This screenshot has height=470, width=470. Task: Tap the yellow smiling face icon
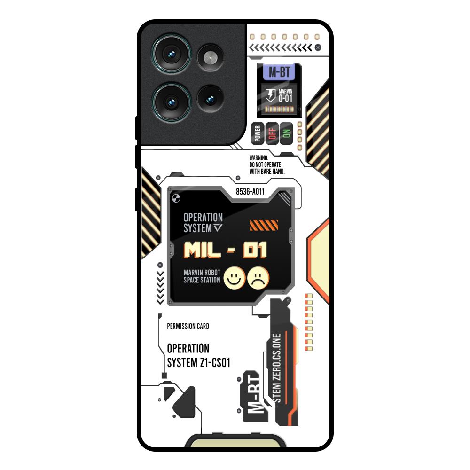pyautogui.click(x=232, y=277)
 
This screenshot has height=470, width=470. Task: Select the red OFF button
pyautogui.click(x=271, y=133)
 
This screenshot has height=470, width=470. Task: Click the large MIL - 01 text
pyautogui.click(x=225, y=250)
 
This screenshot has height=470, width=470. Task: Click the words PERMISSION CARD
pyautogui.click(x=188, y=326)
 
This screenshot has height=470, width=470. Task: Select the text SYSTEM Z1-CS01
pyautogui.click(x=199, y=363)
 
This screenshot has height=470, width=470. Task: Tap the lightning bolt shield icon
pyautogui.click(x=271, y=95)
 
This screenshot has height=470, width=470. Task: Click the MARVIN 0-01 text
pyautogui.click(x=286, y=95)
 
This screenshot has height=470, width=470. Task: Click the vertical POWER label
pyautogui.click(x=257, y=133)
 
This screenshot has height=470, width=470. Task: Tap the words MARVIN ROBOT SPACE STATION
pyautogui.click(x=202, y=276)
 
